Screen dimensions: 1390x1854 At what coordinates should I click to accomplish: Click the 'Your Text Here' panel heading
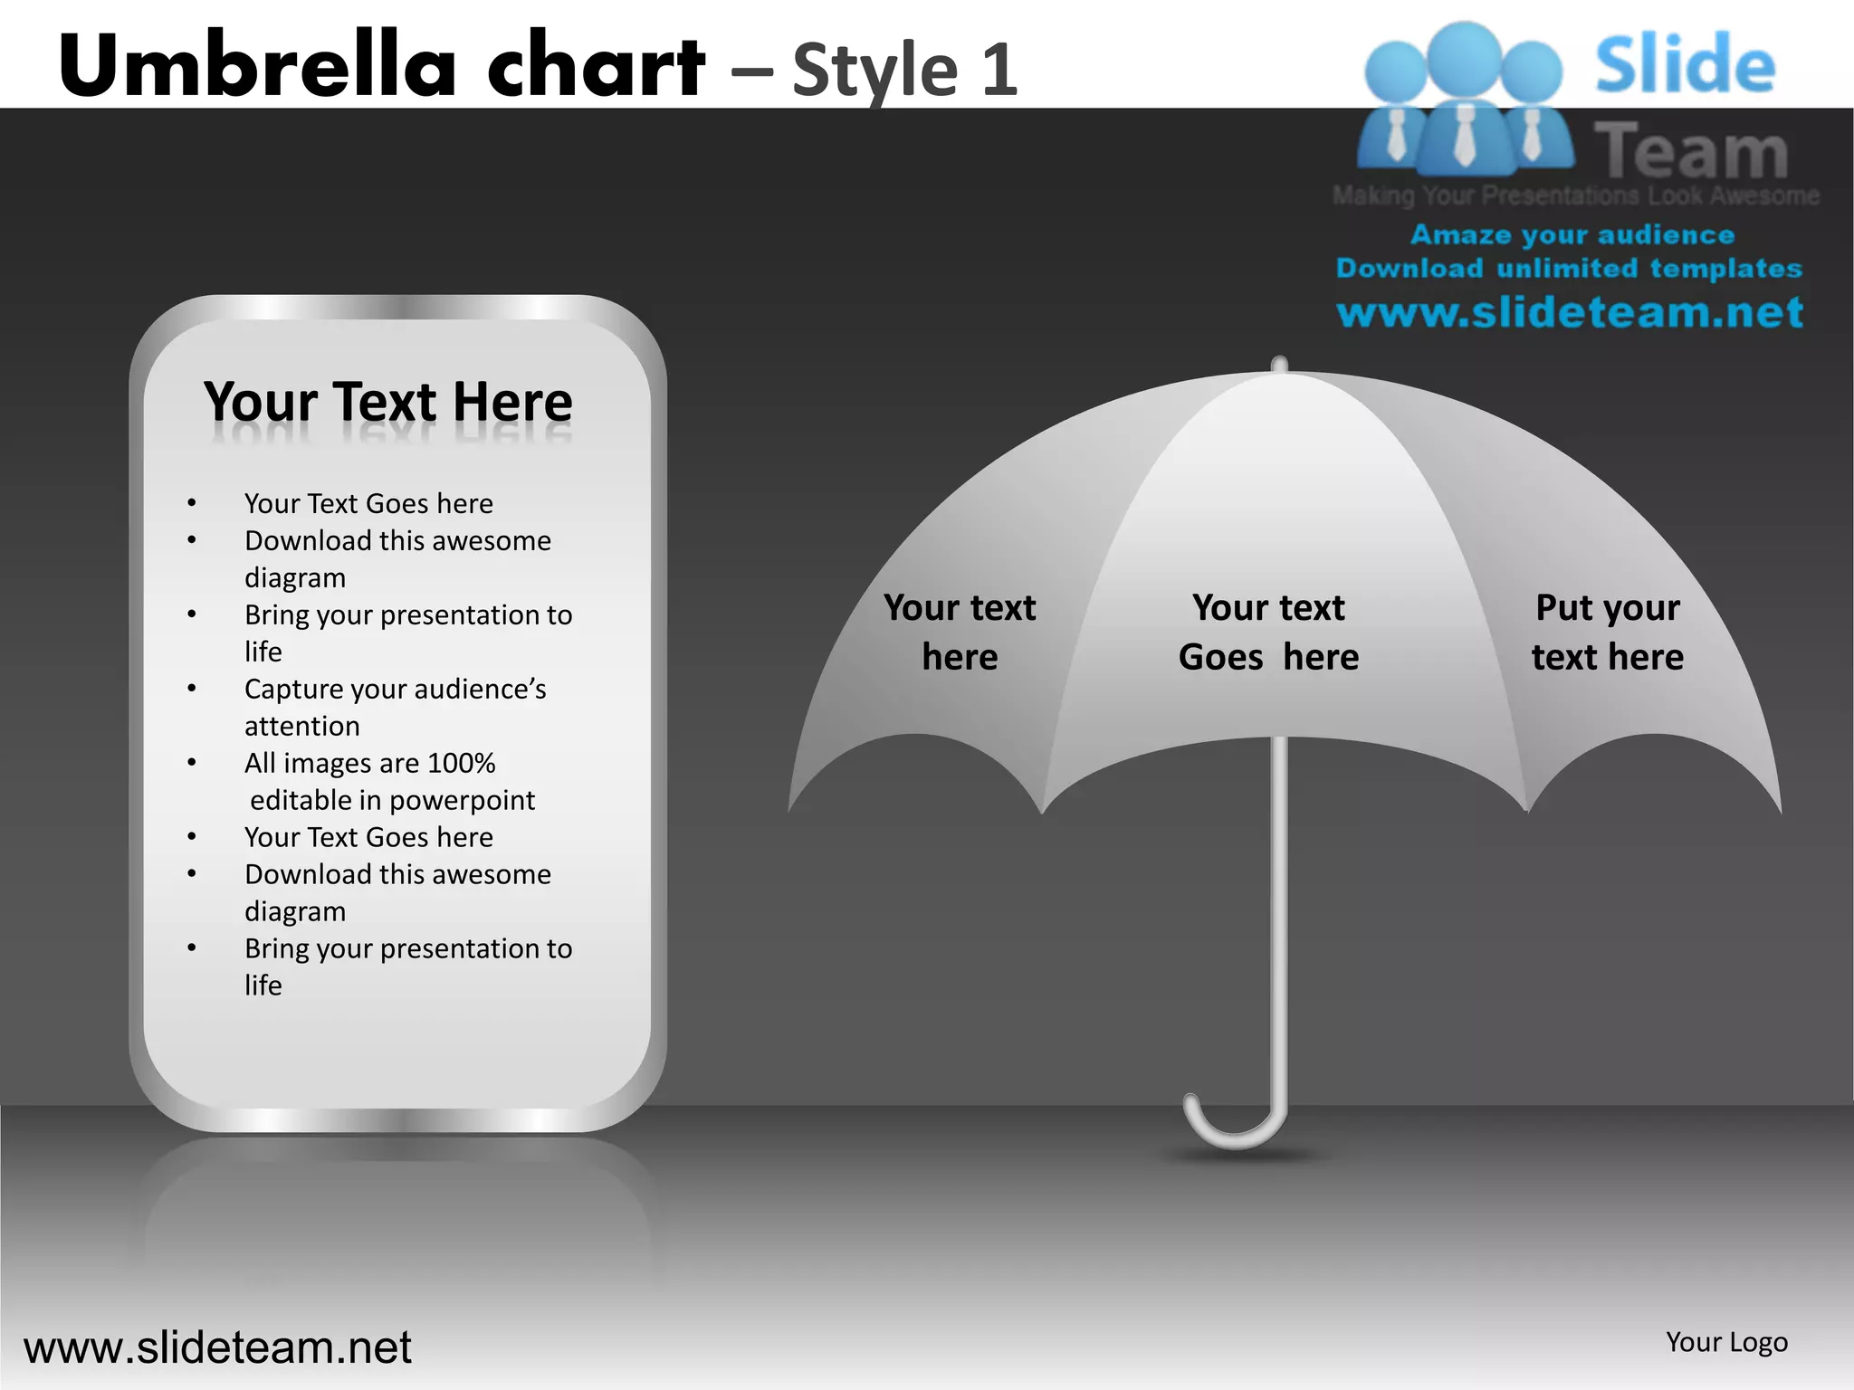[x=388, y=402]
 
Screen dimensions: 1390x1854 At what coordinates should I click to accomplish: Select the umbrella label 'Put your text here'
[x=1608, y=632]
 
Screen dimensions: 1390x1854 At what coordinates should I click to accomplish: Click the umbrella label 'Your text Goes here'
[x=1268, y=632]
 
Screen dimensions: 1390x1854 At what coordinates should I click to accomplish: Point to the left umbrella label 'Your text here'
[x=960, y=632]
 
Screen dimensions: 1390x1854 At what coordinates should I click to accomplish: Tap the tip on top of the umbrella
[x=1279, y=364]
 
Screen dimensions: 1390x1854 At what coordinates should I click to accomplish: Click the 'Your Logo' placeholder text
[x=1726, y=1342]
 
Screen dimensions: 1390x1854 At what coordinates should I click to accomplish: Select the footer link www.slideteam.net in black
[x=217, y=1347]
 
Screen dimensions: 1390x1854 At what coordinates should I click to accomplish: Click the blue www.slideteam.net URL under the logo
[x=1570, y=312]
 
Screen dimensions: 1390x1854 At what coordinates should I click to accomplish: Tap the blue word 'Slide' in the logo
[x=1685, y=64]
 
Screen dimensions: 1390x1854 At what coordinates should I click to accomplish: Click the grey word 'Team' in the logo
[x=1691, y=150]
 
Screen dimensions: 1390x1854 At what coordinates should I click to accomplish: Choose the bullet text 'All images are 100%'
[x=369, y=763]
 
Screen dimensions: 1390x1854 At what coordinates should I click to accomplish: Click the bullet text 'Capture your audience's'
[x=395, y=689]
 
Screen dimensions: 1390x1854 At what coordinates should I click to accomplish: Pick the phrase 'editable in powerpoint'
[x=392, y=800]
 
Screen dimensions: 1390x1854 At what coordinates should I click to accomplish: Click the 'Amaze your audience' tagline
[x=1572, y=234]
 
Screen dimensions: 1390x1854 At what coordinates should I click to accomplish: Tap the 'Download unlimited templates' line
[x=1569, y=268]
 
